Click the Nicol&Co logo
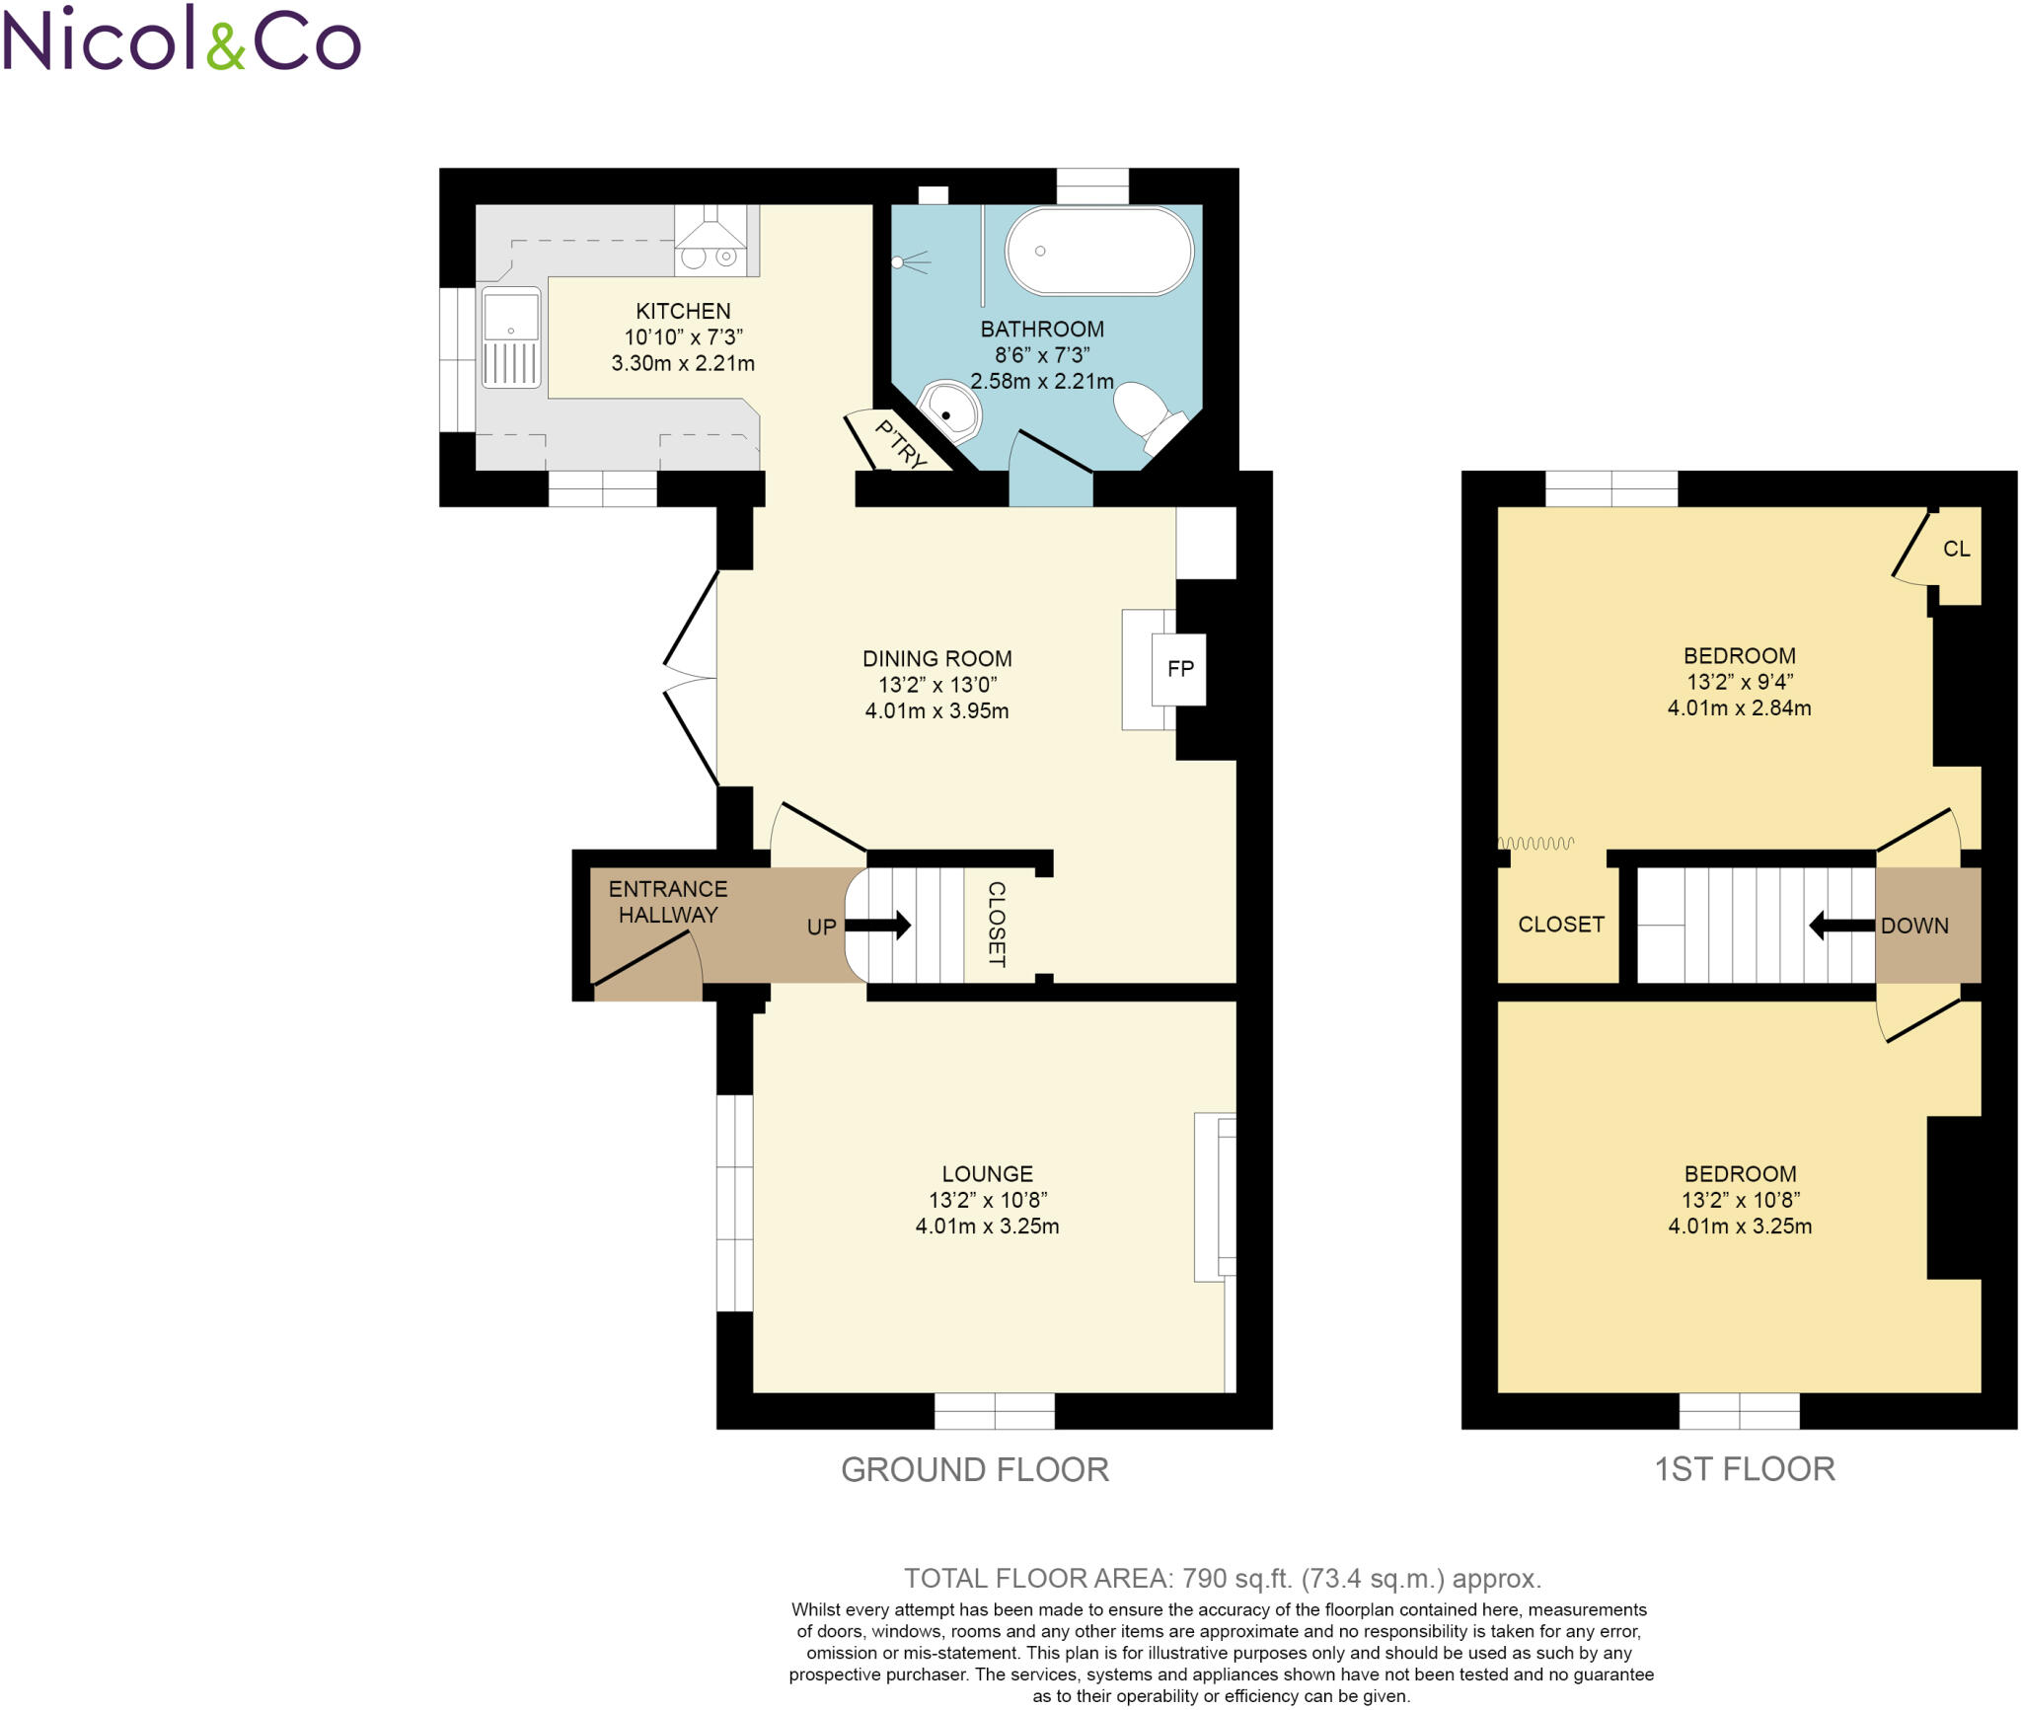pyautogui.click(x=182, y=39)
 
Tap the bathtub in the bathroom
pyautogui.click(x=1098, y=251)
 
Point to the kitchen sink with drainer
pyautogui.click(x=511, y=338)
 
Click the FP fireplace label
pyautogui.click(x=1180, y=669)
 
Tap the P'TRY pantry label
pyautogui.click(x=901, y=445)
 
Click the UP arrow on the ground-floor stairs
pyautogui.click(x=877, y=926)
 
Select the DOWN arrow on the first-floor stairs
pyautogui.click(x=1841, y=926)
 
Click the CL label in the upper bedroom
pyautogui.click(x=1956, y=549)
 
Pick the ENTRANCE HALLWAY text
pyautogui.click(x=668, y=902)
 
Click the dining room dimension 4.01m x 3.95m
pyautogui.click(x=936, y=710)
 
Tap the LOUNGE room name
pyautogui.click(x=987, y=1173)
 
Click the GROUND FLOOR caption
pyautogui.click(x=974, y=1469)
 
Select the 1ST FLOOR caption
pyautogui.click(x=1744, y=1468)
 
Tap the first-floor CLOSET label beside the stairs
pyautogui.click(x=1560, y=924)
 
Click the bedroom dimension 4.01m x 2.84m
pyautogui.click(x=1739, y=707)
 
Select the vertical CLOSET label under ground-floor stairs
pyautogui.click(x=997, y=924)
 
